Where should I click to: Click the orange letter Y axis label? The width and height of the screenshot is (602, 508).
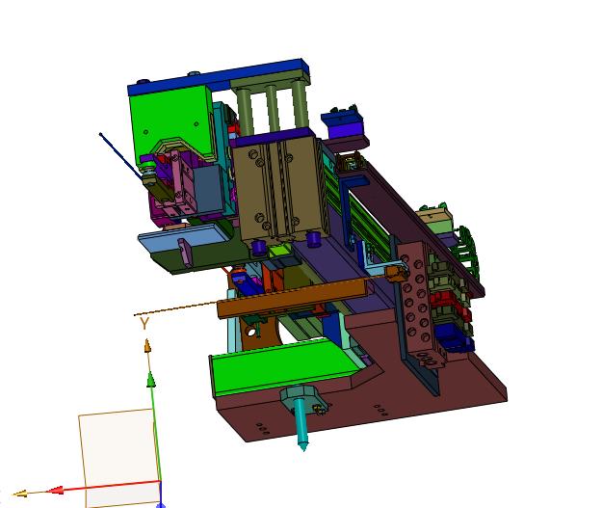(144, 324)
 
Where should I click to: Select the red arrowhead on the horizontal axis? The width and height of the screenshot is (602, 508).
(55, 491)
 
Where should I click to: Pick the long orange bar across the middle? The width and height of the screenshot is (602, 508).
(292, 298)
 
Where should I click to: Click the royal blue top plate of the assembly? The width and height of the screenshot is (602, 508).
(219, 78)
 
